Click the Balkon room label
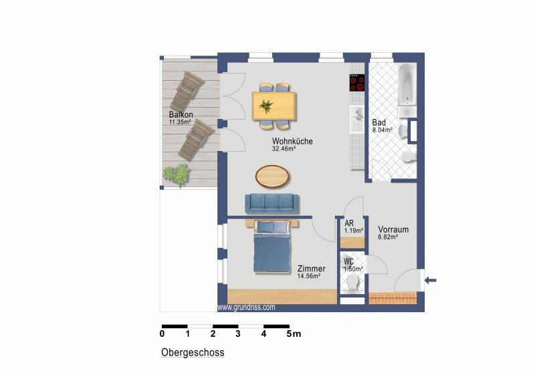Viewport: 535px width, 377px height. point(180,115)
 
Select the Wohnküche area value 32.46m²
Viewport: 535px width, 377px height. point(284,149)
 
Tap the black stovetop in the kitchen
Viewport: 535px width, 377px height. point(356,83)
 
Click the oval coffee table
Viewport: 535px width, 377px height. point(273,177)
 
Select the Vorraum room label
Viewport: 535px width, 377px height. point(393,229)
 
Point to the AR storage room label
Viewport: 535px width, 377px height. point(349,224)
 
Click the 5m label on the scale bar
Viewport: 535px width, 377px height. point(294,333)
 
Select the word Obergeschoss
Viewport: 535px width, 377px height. point(193,352)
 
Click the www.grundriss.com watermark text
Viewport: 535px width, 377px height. point(247,307)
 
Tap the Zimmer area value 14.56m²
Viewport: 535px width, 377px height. point(308,275)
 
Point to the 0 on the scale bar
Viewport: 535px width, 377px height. point(163,333)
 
